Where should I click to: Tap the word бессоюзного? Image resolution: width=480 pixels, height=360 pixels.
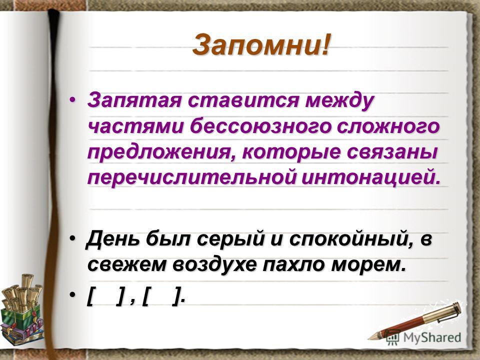[260, 126]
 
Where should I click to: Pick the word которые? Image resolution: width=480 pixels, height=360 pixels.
[291, 152]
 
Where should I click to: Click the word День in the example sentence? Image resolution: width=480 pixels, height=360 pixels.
[113, 238]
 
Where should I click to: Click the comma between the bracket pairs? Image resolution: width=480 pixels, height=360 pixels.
[132, 301]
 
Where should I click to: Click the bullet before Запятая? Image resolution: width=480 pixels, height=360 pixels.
[72, 100]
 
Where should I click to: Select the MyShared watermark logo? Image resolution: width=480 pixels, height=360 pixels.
[423, 337]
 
